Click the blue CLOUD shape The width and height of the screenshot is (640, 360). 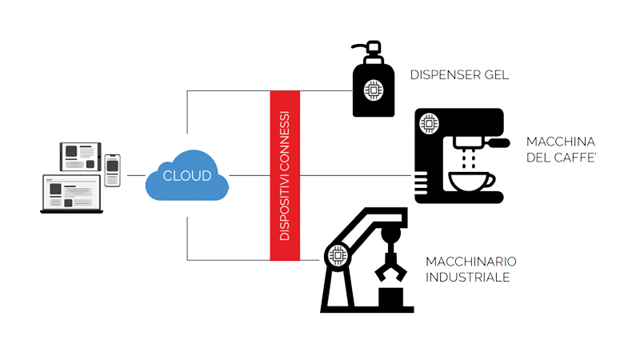(x=187, y=175)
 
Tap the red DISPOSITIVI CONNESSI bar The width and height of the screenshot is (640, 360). (x=285, y=175)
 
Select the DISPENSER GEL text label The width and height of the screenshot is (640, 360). (x=459, y=75)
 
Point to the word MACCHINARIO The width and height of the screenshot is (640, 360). (x=471, y=262)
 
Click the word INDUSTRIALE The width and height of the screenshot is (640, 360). (x=468, y=277)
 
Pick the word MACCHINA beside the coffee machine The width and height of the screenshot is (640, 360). (x=561, y=142)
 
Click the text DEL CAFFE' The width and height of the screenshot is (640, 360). (x=562, y=158)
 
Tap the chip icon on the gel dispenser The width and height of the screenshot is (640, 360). (x=374, y=90)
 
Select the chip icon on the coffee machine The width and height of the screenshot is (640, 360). (x=429, y=123)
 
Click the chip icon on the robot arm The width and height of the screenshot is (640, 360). (x=338, y=256)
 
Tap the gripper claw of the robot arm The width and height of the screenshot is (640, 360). (x=390, y=267)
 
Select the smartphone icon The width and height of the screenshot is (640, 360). (x=112, y=170)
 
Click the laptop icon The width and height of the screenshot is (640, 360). (x=72, y=194)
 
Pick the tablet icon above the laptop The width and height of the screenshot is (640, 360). (x=81, y=157)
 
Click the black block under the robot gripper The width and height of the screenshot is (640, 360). (x=390, y=297)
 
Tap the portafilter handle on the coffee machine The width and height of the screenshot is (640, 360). (x=498, y=143)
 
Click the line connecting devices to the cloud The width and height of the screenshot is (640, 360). (x=136, y=175)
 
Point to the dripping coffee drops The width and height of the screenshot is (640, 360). (x=468, y=158)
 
